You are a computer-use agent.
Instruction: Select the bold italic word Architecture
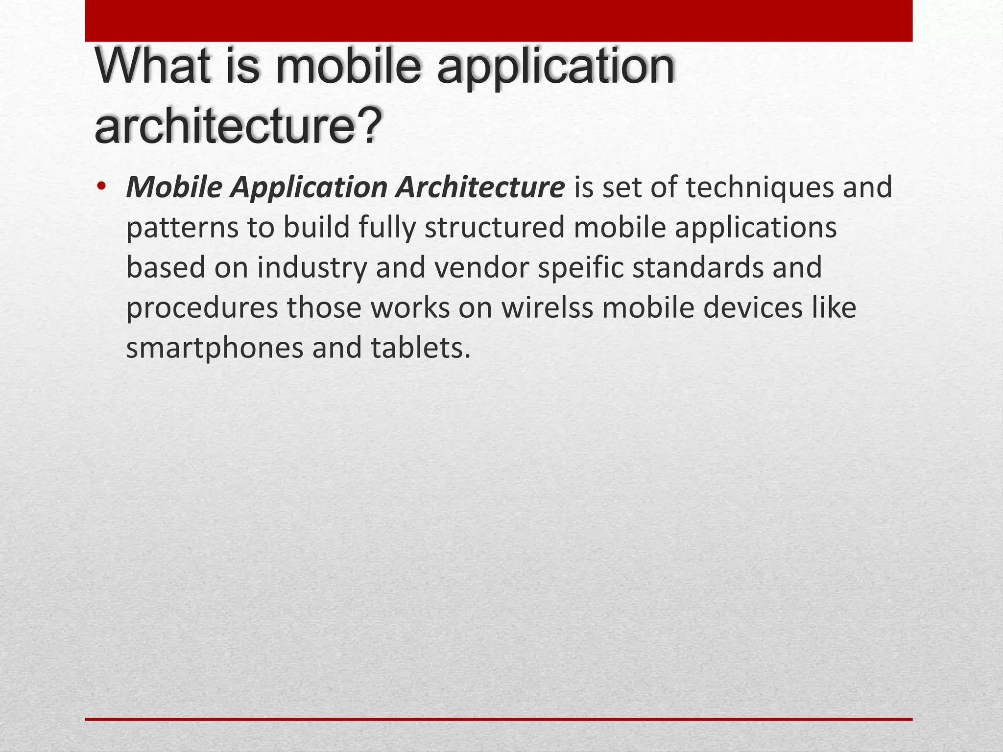tap(480, 188)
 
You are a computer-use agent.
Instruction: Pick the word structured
tap(495, 228)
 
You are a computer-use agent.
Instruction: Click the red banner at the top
tap(499, 21)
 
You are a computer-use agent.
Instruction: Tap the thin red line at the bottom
tap(499, 719)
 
